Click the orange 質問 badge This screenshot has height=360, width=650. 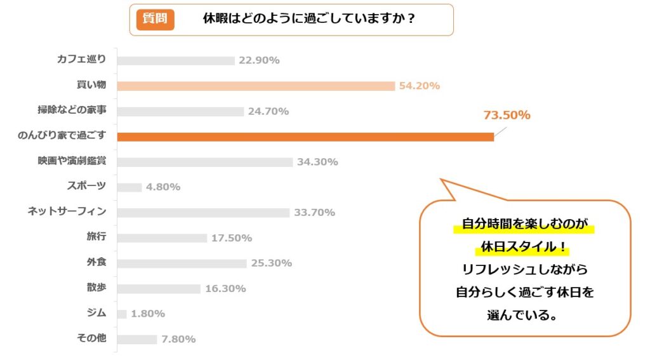[x=156, y=19]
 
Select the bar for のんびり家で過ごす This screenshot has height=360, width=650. [x=305, y=137]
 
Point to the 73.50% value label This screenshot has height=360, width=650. [x=507, y=115]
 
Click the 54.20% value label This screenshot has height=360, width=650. [x=419, y=86]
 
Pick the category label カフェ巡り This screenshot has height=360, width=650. [x=81, y=60]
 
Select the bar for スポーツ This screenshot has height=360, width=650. [x=129, y=187]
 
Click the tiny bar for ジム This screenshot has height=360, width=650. [x=122, y=314]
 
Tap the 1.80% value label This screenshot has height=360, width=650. [x=148, y=314]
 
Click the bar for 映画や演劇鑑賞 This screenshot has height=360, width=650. [x=205, y=162]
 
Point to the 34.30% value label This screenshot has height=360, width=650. [x=317, y=162]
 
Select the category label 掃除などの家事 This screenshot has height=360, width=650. [x=72, y=110]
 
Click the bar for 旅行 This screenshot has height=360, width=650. [x=162, y=238]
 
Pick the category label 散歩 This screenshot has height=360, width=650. [x=96, y=288]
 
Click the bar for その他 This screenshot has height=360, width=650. [x=137, y=339]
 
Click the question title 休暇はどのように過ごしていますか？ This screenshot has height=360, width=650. [x=308, y=19]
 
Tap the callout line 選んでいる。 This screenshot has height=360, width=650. [x=524, y=314]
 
